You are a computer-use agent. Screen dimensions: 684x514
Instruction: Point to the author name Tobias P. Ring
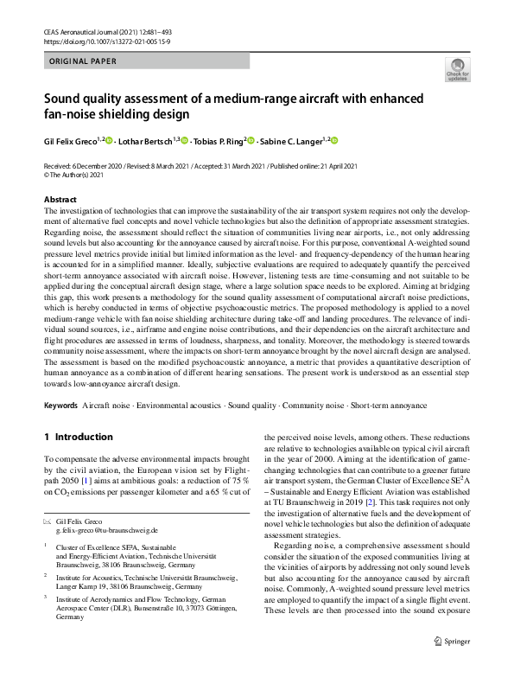(217, 142)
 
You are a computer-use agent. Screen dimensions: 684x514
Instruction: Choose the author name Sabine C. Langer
(291, 142)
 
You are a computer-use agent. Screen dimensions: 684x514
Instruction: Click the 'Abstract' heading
(60, 200)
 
